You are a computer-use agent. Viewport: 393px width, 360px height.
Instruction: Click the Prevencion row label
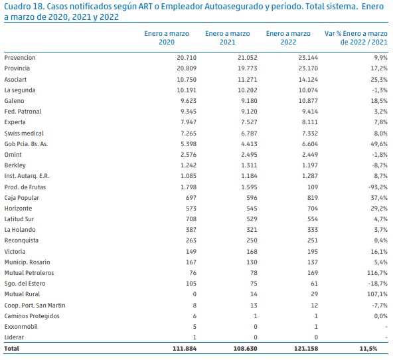point(20,58)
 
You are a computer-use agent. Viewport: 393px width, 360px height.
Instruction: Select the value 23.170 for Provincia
point(308,68)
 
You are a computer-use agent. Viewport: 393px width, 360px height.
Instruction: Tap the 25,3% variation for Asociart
point(379,80)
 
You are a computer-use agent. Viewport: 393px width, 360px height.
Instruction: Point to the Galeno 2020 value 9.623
point(189,101)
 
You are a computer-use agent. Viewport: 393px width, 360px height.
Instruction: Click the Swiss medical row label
point(24,134)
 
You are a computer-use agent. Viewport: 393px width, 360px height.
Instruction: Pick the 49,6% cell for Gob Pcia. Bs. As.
point(379,144)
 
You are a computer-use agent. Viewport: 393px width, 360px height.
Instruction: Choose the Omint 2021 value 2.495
point(249,155)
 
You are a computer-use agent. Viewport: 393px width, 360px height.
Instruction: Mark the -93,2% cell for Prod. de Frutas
point(378,187)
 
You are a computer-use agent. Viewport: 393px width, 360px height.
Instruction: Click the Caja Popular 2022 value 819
point(313,198)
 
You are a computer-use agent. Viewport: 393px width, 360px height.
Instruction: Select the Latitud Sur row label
point(19,219)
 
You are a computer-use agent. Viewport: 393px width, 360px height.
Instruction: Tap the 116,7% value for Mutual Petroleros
point(377,273)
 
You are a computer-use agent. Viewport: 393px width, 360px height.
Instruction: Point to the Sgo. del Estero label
point(25,284)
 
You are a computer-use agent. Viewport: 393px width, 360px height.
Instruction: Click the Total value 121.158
point(306,349)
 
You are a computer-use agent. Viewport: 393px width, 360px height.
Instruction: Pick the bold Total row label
point(11,349)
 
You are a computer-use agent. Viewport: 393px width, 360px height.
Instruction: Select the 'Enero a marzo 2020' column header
point(167,38)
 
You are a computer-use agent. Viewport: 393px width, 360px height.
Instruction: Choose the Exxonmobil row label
point(21,327)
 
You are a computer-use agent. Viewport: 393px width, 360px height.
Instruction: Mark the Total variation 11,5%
point(368,349)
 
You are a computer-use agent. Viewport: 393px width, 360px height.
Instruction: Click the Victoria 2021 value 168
point(252,252)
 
